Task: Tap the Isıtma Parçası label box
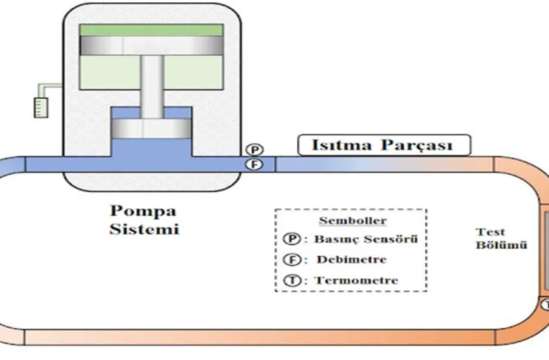coord(385,145)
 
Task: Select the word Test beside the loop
coord(489,232)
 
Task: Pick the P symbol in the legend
coord(291,239)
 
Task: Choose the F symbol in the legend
coord(291,260)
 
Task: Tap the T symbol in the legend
coord(291,281)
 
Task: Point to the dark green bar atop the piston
coord(151,30)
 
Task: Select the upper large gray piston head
coord(151,45)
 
